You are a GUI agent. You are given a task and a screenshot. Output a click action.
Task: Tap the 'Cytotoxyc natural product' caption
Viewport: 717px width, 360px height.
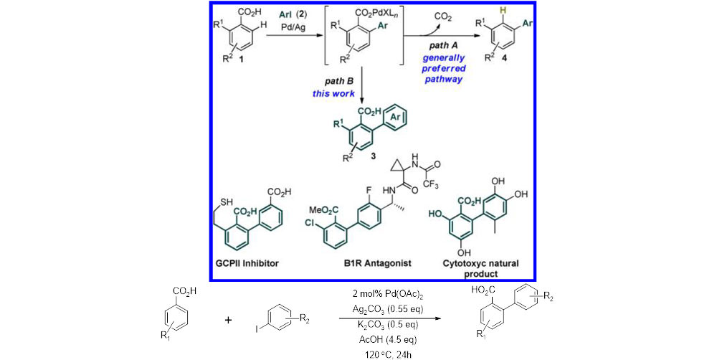pos(467,268)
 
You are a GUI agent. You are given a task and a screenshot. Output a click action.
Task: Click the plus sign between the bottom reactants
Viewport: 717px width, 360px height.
pos(229,321)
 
